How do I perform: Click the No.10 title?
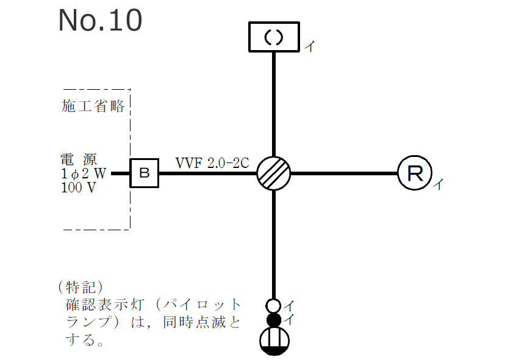101,20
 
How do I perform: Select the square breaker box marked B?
145,173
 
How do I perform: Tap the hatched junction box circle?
273,173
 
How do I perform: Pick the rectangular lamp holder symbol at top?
274,37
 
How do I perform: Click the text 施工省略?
93,106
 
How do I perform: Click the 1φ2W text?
84,174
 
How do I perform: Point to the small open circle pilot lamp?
274,305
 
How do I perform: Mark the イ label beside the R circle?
437,185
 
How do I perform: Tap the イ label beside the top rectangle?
309,46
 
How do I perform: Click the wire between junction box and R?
345,173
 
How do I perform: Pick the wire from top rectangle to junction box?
274,104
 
